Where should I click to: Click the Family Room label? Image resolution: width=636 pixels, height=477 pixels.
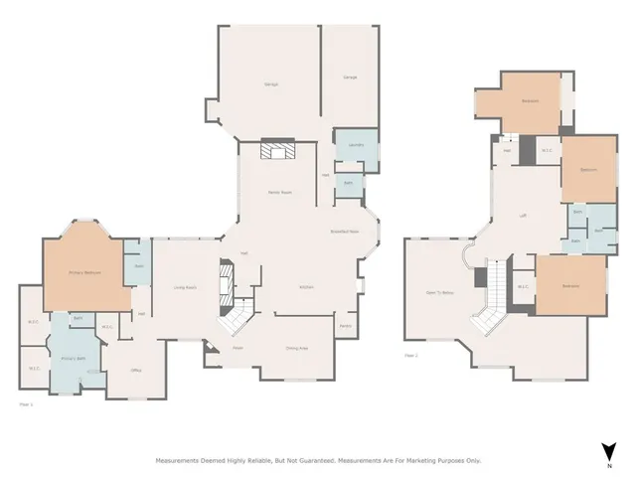pyautogui.click(x=279, y=192)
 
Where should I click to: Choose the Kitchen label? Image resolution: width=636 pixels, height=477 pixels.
pyautogui.click(x=308, y=287)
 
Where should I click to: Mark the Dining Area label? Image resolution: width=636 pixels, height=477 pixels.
pyautogui.click(x=296, y=348)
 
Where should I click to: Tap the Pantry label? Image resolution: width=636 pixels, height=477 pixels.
pyautogui.click(x=346, y=326)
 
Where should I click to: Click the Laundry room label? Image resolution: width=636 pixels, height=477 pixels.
pyautogui.click(x=355, y=145)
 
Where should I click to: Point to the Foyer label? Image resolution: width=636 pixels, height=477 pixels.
pyautogui.click(x=238, y=348)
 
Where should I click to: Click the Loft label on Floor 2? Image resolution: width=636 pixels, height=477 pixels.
pyautogui.click(x=523, y=215)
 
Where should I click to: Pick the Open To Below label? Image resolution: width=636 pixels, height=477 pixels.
pyautogui.click(x=440, y=292)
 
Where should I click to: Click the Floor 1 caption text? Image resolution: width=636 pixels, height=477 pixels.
pyautogui.click(x=27, y=403)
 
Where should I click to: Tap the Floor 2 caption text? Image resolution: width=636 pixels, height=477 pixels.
pyautogui.click(x=411, y=355)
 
